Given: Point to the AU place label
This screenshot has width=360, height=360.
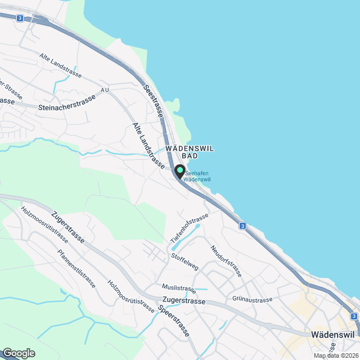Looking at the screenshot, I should (104, 90).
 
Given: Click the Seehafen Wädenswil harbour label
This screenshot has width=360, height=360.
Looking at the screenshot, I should (197, 176).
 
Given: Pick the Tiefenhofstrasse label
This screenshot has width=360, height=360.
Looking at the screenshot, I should (190, 228).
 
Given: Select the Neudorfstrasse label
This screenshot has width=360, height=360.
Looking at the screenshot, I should (226, 261).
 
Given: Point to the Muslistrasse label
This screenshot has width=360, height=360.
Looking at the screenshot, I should (178, 289).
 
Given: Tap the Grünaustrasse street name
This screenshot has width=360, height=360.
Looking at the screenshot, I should (252, 300).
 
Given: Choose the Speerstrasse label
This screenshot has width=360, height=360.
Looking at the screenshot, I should (174, 322).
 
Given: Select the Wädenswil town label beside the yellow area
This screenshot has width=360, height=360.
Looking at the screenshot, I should (332, 334).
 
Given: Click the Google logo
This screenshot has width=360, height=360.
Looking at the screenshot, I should (19, 353).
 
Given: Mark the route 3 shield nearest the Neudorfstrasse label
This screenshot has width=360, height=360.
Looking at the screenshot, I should (242, 226).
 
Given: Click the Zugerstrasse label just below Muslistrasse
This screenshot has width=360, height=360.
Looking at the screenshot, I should (183, 301).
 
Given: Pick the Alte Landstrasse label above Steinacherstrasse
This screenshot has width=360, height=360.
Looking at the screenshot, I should (61, 65).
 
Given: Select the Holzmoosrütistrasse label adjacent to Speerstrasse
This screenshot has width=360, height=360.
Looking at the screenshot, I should (131, 296).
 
